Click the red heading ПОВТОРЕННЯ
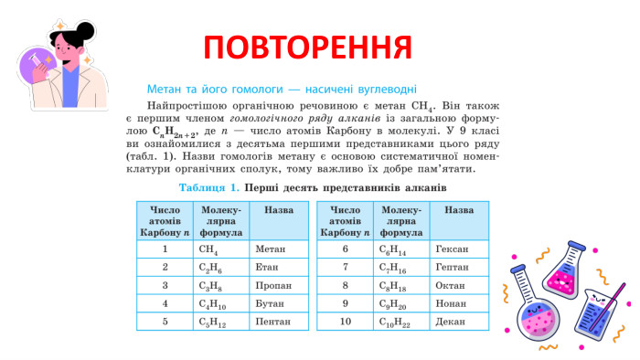pos(307,47)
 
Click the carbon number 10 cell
pos(345,322)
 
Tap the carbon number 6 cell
pos(345,249)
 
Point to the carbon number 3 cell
pos(165,285)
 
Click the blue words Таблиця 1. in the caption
pos(209,188)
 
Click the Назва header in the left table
pos(278,210)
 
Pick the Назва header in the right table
pos(458,210)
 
